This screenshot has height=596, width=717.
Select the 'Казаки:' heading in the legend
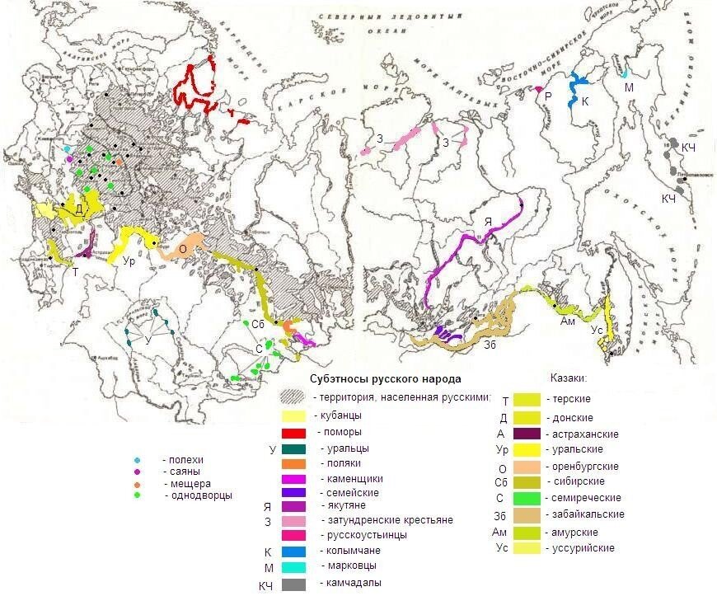click(x=568, y=378)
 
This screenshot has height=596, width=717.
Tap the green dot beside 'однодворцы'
click(x=138, y=495)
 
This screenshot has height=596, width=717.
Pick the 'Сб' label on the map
click(x=258, y=324)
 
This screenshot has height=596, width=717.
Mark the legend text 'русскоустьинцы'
click(x=358, y=535)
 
